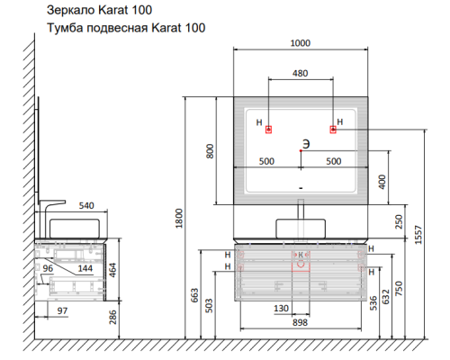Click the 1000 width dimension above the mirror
(301, 43)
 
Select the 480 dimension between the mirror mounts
(301, 73)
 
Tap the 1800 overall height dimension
(179, 219)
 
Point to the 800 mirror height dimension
(211, 151)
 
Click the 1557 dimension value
(418, 235)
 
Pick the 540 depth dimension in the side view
(86, 206)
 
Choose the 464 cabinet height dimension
(112, 270)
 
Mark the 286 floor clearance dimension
(112, 317)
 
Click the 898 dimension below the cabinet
(300, 323)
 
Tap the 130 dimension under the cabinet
(281, 309)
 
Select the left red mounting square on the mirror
(268, 130)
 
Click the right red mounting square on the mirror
(333, 130)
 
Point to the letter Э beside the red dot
(306, 144)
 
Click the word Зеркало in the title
(71, 10)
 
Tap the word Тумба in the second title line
(66, 28)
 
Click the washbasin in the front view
(301, 229)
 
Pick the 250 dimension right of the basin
(399, 221)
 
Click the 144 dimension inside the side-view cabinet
(85, 268)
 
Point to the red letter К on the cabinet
(301, 256)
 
